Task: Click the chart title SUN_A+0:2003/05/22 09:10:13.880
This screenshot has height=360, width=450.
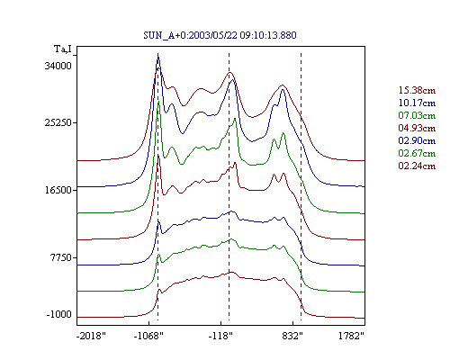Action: coord(220,35)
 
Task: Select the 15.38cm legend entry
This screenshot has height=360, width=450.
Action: coord(417,90)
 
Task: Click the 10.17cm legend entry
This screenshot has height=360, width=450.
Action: coord(417,103)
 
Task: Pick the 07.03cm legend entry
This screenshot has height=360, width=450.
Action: coord(417,115)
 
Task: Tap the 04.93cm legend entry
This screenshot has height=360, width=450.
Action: coord(417,128)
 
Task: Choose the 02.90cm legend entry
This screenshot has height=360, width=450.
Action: coord(417,140)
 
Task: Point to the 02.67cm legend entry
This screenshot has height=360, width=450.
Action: coord(417,153)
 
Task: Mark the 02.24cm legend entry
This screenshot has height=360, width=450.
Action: coord(417,166)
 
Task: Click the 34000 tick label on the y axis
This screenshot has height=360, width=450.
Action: coord(58,66)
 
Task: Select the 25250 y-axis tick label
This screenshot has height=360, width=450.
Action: coord(58,122)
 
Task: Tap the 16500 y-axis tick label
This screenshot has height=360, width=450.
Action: coord(58,190)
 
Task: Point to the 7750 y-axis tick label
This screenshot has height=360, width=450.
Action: coord(61,257)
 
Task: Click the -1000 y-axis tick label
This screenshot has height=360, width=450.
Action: coord(59,314)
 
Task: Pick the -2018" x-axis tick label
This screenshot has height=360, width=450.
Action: coord(92,336)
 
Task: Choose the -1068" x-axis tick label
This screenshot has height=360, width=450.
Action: coord(148,336)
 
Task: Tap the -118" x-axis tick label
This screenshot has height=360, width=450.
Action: coord(220,336)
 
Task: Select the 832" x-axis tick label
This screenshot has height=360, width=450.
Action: coord(292,336)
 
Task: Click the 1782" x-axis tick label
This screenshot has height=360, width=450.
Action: coord(351,336)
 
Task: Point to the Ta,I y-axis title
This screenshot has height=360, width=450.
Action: coord(63,49)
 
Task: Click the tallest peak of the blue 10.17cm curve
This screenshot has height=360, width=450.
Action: coord(158,57)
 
